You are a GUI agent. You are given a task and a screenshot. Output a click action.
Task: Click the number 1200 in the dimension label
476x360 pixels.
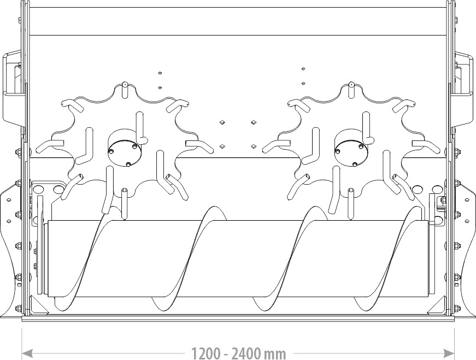(x=206, y=353)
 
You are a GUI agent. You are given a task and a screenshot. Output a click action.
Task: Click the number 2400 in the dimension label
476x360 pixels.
(x=247, y=353)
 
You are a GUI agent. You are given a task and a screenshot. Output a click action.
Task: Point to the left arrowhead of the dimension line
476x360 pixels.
(x=27, y=353)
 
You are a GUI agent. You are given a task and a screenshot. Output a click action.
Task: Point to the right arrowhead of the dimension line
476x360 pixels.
(x=449, y=353)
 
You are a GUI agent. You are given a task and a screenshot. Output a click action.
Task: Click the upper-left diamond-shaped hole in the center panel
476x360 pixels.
(x=222, y=122)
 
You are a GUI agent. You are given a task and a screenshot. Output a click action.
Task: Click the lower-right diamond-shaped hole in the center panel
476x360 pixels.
(x=253, y=146)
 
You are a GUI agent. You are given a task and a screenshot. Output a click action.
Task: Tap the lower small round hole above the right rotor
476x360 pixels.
(x=303, y=83)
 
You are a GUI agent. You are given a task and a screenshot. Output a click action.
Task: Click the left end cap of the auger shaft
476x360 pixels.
(x=46, y=258)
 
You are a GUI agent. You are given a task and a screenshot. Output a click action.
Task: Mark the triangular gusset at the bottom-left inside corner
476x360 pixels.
(x=38, y=306)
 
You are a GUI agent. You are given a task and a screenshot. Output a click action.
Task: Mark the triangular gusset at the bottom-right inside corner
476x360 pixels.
(x=437, y=306)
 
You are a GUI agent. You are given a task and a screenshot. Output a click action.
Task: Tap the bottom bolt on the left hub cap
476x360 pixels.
(x=128, y=164)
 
